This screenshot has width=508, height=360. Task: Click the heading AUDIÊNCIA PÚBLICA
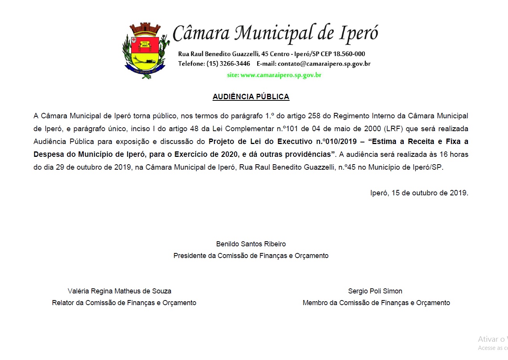[x=251, y=97]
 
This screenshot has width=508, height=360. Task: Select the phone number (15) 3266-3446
[x=228, y=64]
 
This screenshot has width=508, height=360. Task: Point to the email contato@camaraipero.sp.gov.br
[x=324, y=64]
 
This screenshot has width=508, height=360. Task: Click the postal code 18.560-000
[x=349, y=54]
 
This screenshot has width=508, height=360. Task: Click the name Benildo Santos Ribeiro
[x=251, y=244]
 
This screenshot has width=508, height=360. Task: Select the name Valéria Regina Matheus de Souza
[x=119, y=291]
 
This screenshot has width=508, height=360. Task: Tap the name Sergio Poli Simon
[x=375, y=291]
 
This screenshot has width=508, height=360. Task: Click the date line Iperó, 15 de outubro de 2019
[x=419, y=193]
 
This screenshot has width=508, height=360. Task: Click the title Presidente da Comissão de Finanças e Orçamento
[x=251, y=256]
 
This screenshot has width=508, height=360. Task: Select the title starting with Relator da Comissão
[x=124, y=303]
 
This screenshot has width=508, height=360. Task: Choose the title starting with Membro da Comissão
[x=376, y=303]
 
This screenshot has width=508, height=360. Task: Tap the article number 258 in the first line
[x=314, y=116]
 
